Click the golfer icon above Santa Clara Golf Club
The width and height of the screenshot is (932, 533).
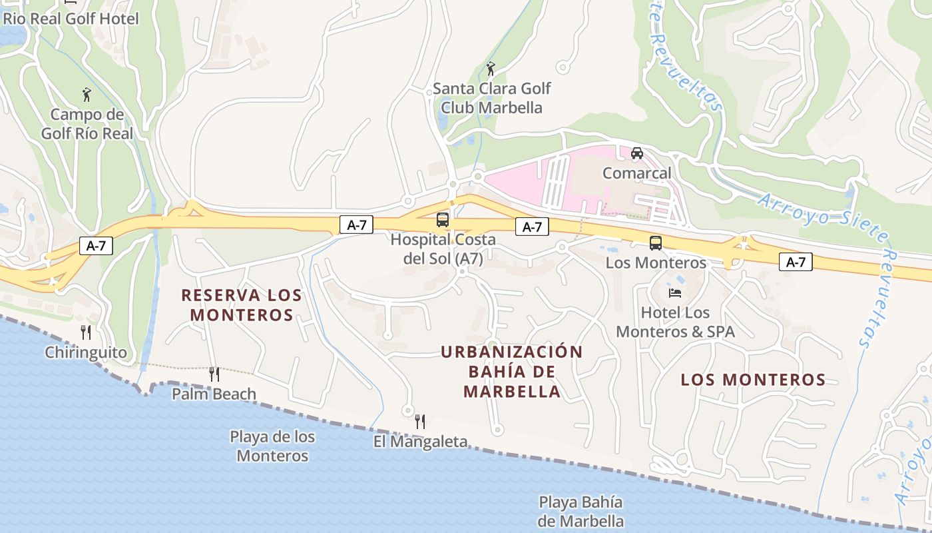(x=491, y=68)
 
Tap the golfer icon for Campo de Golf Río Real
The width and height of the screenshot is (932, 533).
(x=87, y=95)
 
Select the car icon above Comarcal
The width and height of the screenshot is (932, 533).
(x=637, y=153)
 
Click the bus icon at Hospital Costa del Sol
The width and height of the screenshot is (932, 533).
(x=443, y=219)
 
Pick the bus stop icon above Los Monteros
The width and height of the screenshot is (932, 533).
(x=656, y=243)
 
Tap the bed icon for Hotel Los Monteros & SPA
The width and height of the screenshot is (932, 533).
(x=675, y=292)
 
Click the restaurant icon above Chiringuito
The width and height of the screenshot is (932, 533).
(x=86, y=332)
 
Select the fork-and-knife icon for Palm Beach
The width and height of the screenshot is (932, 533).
(x=214, y=374)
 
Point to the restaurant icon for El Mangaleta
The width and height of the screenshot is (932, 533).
(x=420, y=421)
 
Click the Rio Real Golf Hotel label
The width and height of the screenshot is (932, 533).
(x=71, y=19)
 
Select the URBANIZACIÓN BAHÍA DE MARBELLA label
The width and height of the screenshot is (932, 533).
(x=512, y=371)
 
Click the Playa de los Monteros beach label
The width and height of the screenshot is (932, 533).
(x=272, y=446)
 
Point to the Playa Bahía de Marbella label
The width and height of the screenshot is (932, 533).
(x=581, y=511)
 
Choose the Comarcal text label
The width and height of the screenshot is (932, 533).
(x=636, y=173)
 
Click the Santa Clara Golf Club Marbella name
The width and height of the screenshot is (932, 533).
(x=492, y=98)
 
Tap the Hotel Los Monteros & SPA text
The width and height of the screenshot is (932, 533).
(x=675, y=322)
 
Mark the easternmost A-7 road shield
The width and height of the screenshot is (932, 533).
(x=796, y=262)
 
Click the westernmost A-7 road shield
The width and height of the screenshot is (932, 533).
(x=96, y=246)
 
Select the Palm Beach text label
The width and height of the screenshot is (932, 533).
(x=214, y=394)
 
